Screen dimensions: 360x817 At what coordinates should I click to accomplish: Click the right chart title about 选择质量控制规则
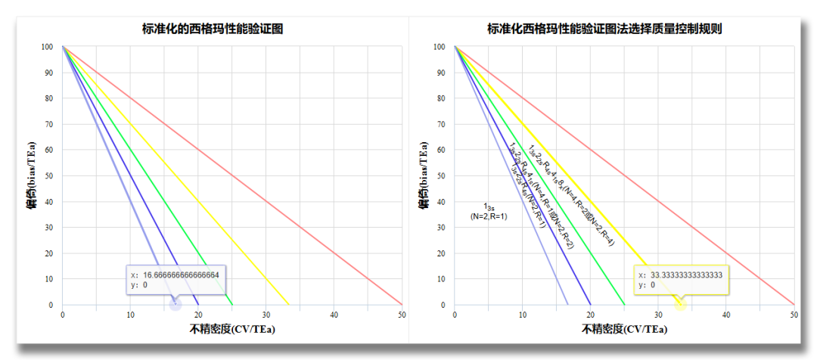[x=604, y=29]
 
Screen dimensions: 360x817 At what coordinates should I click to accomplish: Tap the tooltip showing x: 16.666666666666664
[x=175, y=280]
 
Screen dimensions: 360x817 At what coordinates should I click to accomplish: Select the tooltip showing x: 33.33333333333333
[x=680, y=280]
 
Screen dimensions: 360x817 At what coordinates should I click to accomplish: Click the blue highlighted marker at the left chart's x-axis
[x=176, y=304]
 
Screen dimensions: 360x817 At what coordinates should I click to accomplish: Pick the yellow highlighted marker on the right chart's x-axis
[x=681, y=304]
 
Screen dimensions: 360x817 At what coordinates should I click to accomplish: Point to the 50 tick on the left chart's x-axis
[x=402, y=314]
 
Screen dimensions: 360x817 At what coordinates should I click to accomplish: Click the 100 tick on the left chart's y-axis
[x=48, y=47]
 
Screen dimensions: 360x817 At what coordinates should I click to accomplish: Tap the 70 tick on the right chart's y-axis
[x=439, y=124]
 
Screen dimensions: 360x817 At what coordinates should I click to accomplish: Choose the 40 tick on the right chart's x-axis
[x=726, y=314]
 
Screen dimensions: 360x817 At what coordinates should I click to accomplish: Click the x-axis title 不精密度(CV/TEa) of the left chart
[x=232, y=329]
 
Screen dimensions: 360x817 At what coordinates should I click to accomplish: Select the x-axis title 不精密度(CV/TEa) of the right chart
[x=624, y=329]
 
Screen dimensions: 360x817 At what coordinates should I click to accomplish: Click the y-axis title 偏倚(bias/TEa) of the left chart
[x=32, y=176]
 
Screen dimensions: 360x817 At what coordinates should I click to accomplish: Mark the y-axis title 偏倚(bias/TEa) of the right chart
[x=424, y=176]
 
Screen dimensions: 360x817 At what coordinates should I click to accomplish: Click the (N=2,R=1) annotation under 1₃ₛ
[x=489, y=217]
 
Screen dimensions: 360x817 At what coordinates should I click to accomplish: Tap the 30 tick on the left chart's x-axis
[x=266, y=314]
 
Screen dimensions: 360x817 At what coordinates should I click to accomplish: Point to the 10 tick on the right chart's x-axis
[x=523, y=314]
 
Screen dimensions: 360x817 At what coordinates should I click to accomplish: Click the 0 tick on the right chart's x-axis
[x=455, y=314]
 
